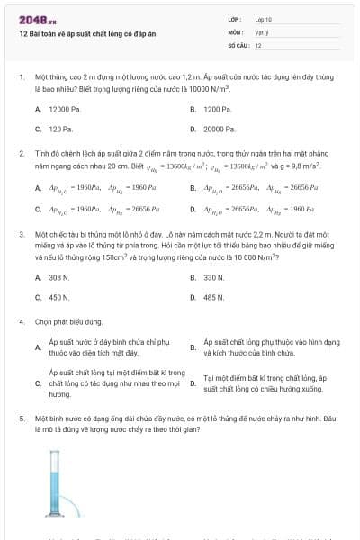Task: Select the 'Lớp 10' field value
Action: (x=264, y=19)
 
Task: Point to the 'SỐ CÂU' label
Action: (x=238, y=44)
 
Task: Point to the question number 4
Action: (x=21, y=321)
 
